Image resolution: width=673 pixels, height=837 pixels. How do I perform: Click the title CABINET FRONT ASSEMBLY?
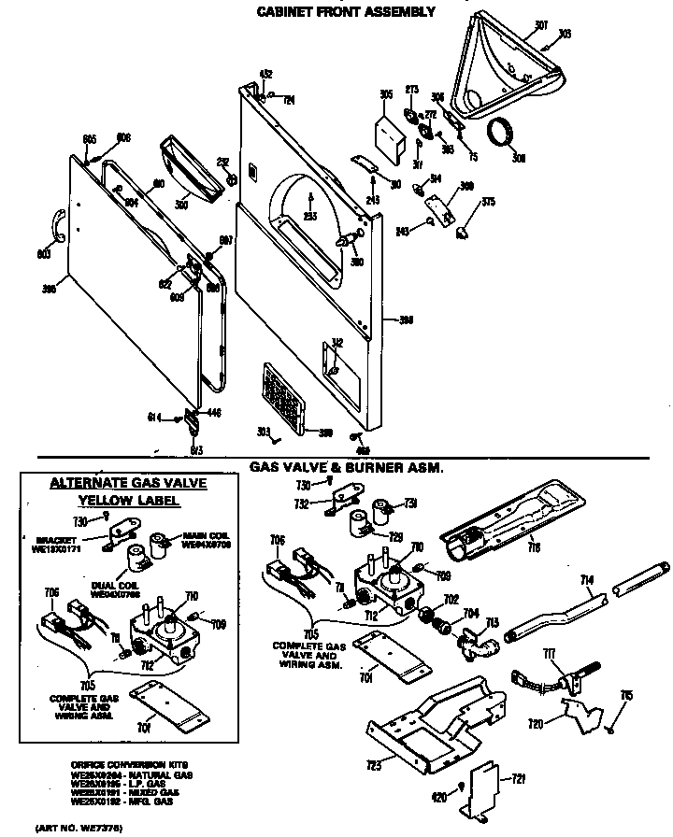[346, 12]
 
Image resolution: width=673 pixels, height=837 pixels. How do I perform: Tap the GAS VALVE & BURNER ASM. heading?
[346, 466]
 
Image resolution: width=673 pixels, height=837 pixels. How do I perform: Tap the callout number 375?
[488, 202]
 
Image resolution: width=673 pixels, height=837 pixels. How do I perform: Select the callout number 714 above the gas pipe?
[587, 580]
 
